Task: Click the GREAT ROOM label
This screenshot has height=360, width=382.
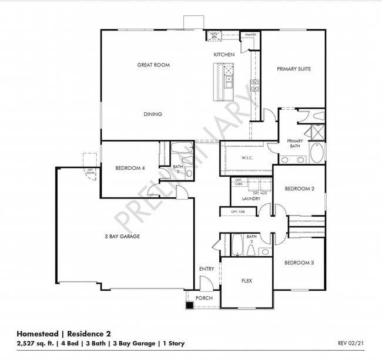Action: tap(153, 65)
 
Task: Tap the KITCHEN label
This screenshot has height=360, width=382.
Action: tap(224, 55)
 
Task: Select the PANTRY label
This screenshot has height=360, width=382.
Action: tap(251, 35)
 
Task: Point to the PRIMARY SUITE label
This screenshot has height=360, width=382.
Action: tap(294, 69)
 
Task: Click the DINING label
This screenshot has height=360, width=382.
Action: tap(153, 115)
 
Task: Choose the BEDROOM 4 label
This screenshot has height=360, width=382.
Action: tap(130, 169)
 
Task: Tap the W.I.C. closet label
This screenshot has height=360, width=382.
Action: tap(247, 158)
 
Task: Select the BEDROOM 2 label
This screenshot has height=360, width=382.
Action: tap(300, 189)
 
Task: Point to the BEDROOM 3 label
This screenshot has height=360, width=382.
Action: tap(299, 263)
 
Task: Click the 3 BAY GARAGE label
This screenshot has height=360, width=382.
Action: tap(122, 237)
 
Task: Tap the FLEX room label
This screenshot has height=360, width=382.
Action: tap(247, 281)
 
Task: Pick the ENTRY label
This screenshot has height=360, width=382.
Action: tap(207, 269)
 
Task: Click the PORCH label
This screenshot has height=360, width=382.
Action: tap(204, 298)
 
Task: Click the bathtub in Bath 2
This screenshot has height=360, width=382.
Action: tap(237, 245)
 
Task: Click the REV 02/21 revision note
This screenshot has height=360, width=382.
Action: tap(351, 343)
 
